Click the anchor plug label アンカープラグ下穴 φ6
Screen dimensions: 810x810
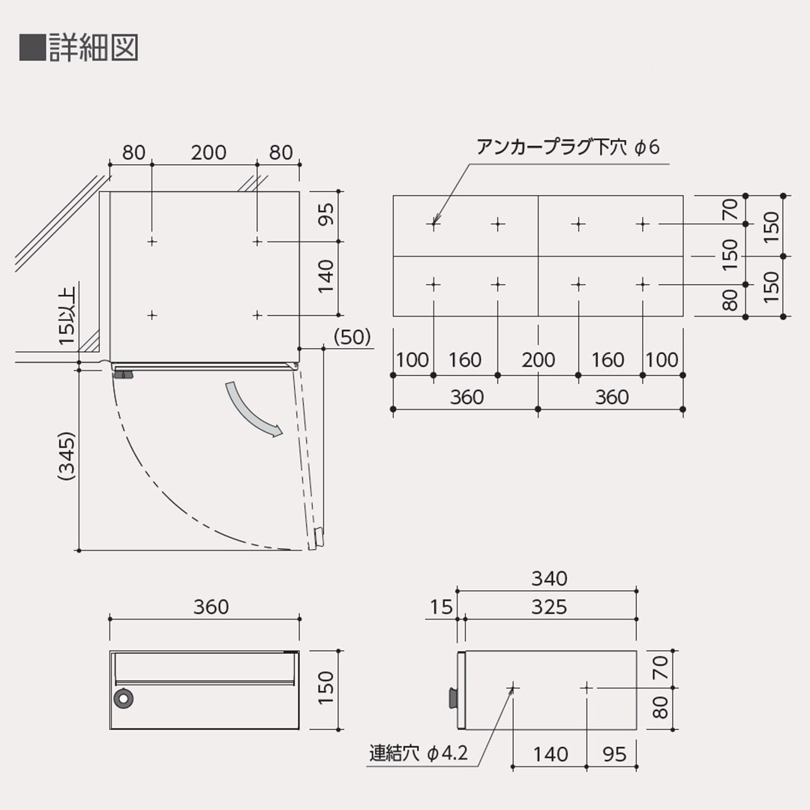567,147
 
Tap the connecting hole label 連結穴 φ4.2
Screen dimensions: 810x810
418,752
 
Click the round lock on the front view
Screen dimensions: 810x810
122,698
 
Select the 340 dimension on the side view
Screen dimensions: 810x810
549,578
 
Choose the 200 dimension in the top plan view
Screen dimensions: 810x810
208,152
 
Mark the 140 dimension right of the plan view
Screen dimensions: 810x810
324,277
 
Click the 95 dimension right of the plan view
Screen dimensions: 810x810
324,217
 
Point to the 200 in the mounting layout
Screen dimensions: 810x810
538,360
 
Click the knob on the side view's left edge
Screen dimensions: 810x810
452,697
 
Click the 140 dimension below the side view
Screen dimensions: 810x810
550,754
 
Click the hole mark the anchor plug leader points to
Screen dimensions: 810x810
433,223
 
